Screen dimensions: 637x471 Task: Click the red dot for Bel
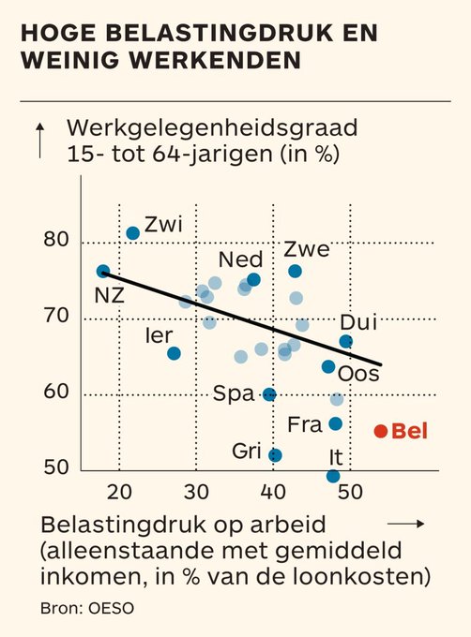tap(380, 431)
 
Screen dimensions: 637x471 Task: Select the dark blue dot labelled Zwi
tap(133, 232)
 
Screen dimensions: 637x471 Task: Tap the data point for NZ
tap(103, 272)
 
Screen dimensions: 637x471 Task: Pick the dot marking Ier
tap(174, 353)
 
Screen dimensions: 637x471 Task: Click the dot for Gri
tap(275, 455)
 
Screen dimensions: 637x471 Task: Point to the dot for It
tap(333, 476)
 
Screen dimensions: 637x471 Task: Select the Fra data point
tap(336, 423)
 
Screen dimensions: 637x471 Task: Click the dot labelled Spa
tap(269, 394)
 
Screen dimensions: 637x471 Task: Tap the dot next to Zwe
tap(296, 271)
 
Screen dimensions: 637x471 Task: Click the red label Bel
tap(408, 431)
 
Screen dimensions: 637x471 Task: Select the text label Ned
tap(240, 259)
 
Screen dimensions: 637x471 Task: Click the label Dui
tap(357, 322)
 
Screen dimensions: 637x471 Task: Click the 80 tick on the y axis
tap(55, 240)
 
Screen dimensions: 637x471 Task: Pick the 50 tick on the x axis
tap(349, 493)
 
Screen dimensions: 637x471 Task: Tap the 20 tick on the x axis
tap(119, 493)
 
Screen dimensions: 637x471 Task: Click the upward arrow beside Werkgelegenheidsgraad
tap(39, 141)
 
